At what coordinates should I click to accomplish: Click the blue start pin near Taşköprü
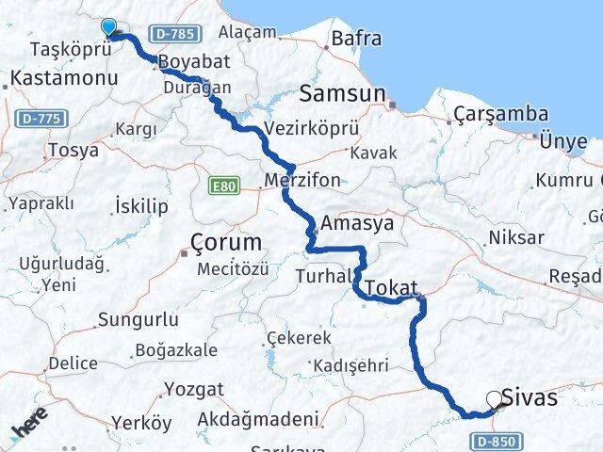(x=109, y=28)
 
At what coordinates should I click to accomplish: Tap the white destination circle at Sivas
(x=494, y=399)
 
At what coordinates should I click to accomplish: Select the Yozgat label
(x=194, y=389)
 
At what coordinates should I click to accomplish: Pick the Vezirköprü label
(x=301, y=129)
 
